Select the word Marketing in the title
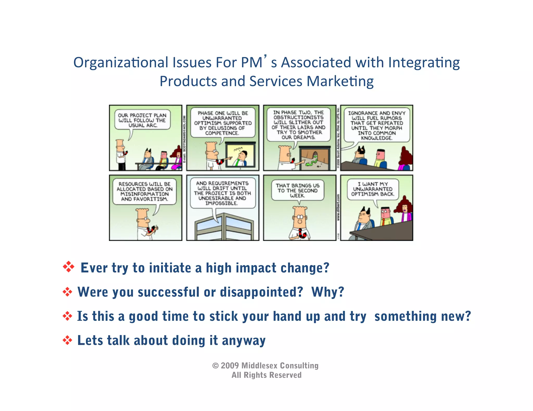click(x=340, y=81)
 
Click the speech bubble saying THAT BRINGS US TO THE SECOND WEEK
click(x=298, y=190)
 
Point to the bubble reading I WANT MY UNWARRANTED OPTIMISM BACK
click(x=373, y=189)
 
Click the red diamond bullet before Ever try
click(x=68, y=267)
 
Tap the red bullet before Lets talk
click(x=67, y=340)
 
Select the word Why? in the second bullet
click(x=328, y=292)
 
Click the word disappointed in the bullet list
click(x=261, y=292)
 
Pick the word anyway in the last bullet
click(x=244, y=341)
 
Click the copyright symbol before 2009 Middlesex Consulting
click(x=215, y=366)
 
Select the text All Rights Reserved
click(x=266, y=375)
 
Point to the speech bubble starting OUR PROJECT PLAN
click(x=142, y=120)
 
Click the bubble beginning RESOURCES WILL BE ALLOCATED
click(x=144, y=191)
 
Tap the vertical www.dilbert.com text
click(x=338, y=207)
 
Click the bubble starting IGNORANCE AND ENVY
click(x=377, y=125)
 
